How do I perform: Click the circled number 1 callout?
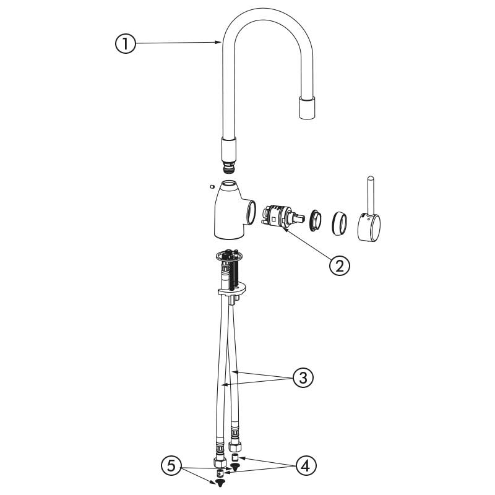(126, 43)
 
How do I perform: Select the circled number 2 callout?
(339, 266)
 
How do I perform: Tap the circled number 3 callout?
(303, 377)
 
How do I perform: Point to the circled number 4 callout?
(306, 465)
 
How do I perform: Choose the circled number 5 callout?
(171, 465)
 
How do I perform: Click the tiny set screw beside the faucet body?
(212, 186)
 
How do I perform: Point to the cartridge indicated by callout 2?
(282, 217)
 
